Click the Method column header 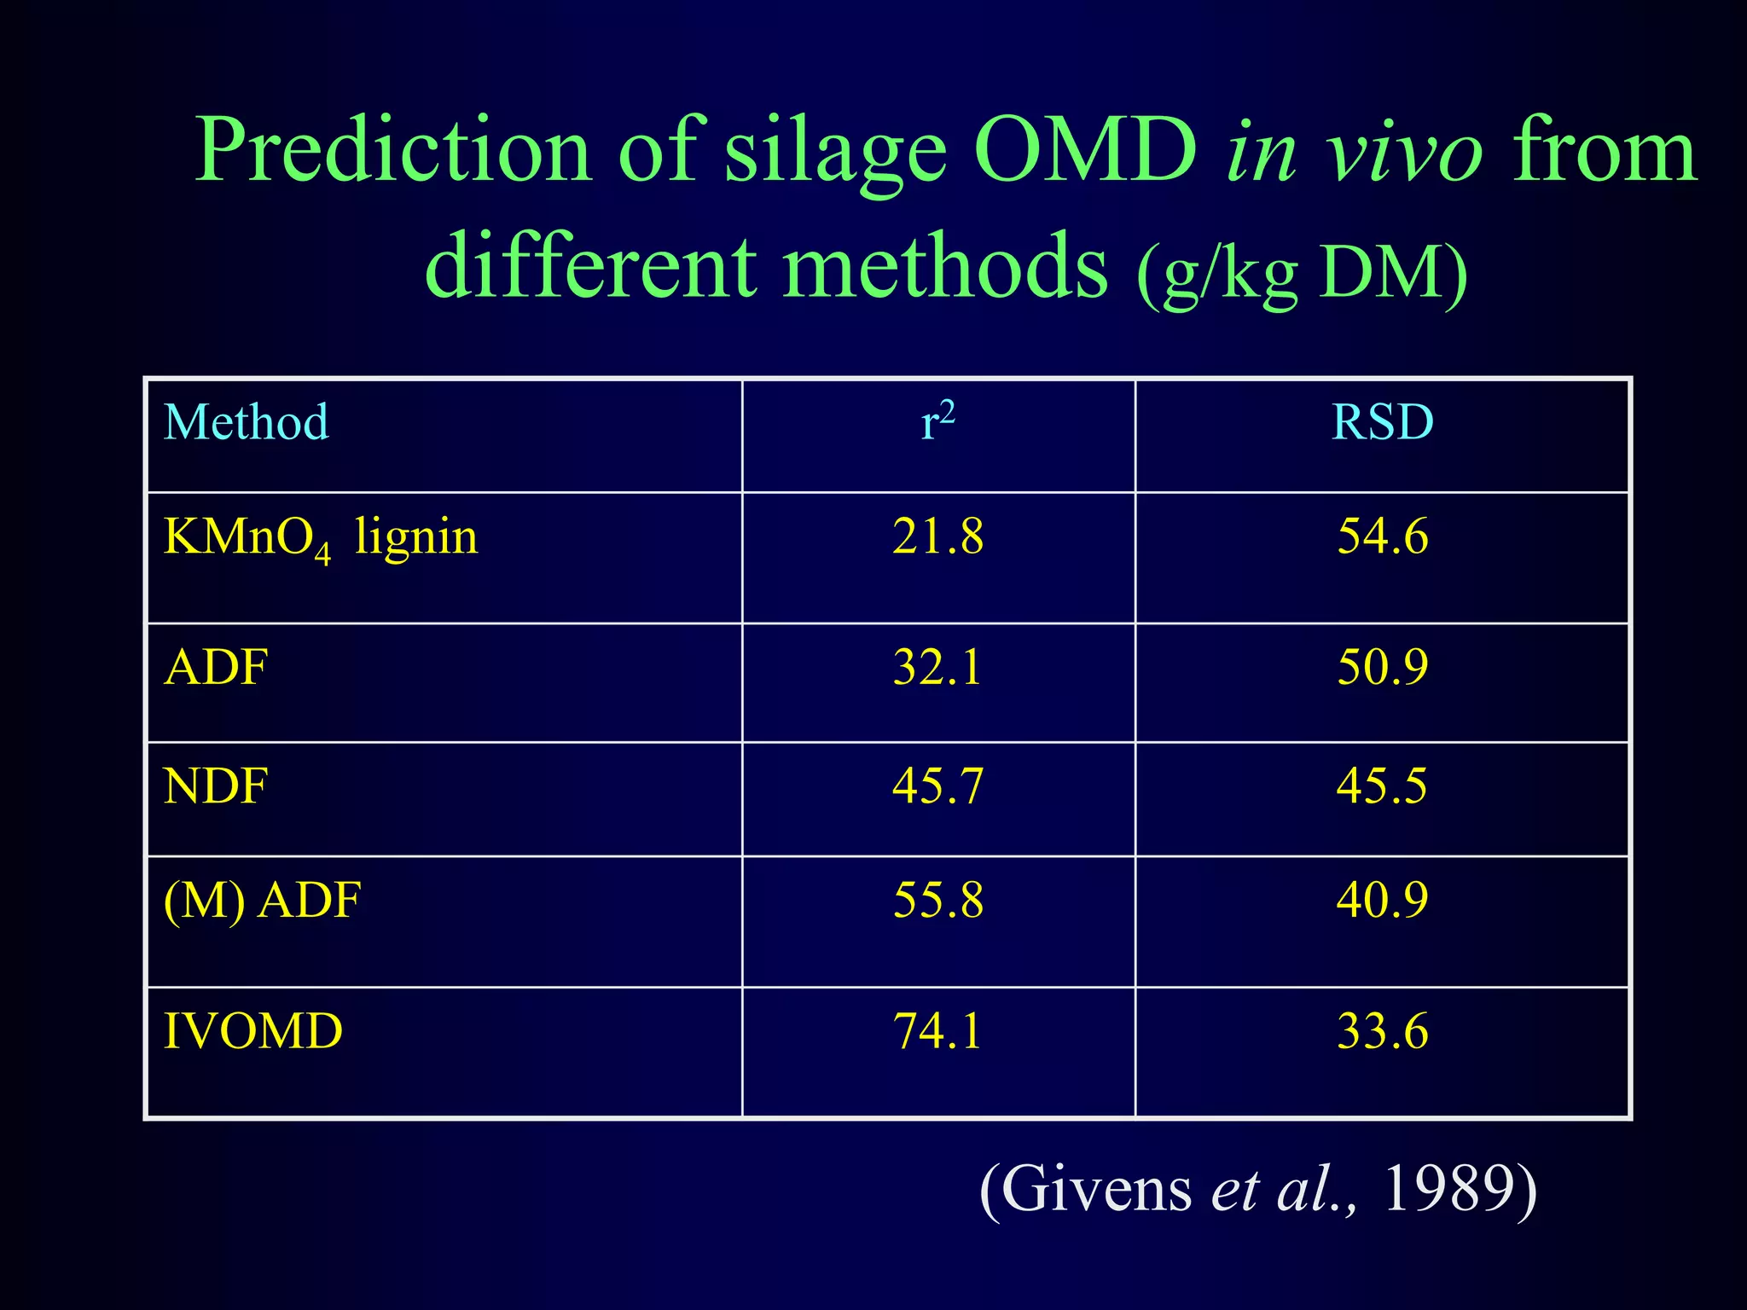pos(246,422)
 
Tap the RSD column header pos(1382,422)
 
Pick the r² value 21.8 pos(937,537)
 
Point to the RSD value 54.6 pos(1382,537)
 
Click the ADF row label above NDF pos(216,667)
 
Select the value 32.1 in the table pos(937,667)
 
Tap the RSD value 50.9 pos(1382,667)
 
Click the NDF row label pos(216,785)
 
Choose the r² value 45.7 pos(937,785)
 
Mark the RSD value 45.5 pos(1382,785)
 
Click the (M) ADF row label pos(262,901)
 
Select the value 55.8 pos(937,901)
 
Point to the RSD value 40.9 pos(1382,901)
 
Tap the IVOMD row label pos(252,1031)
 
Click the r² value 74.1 pos(937,1031)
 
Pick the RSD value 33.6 pos(1382,1031)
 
